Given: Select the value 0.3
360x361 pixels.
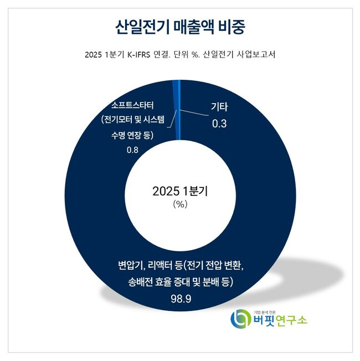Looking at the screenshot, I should pos(220,124).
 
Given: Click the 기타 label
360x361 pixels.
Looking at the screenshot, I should pos(220,108).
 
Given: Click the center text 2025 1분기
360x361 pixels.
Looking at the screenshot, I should pos(181,191).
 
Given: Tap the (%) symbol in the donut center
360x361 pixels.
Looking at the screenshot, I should pos(181,204).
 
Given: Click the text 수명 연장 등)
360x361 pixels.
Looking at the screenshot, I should pos(131,136).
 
